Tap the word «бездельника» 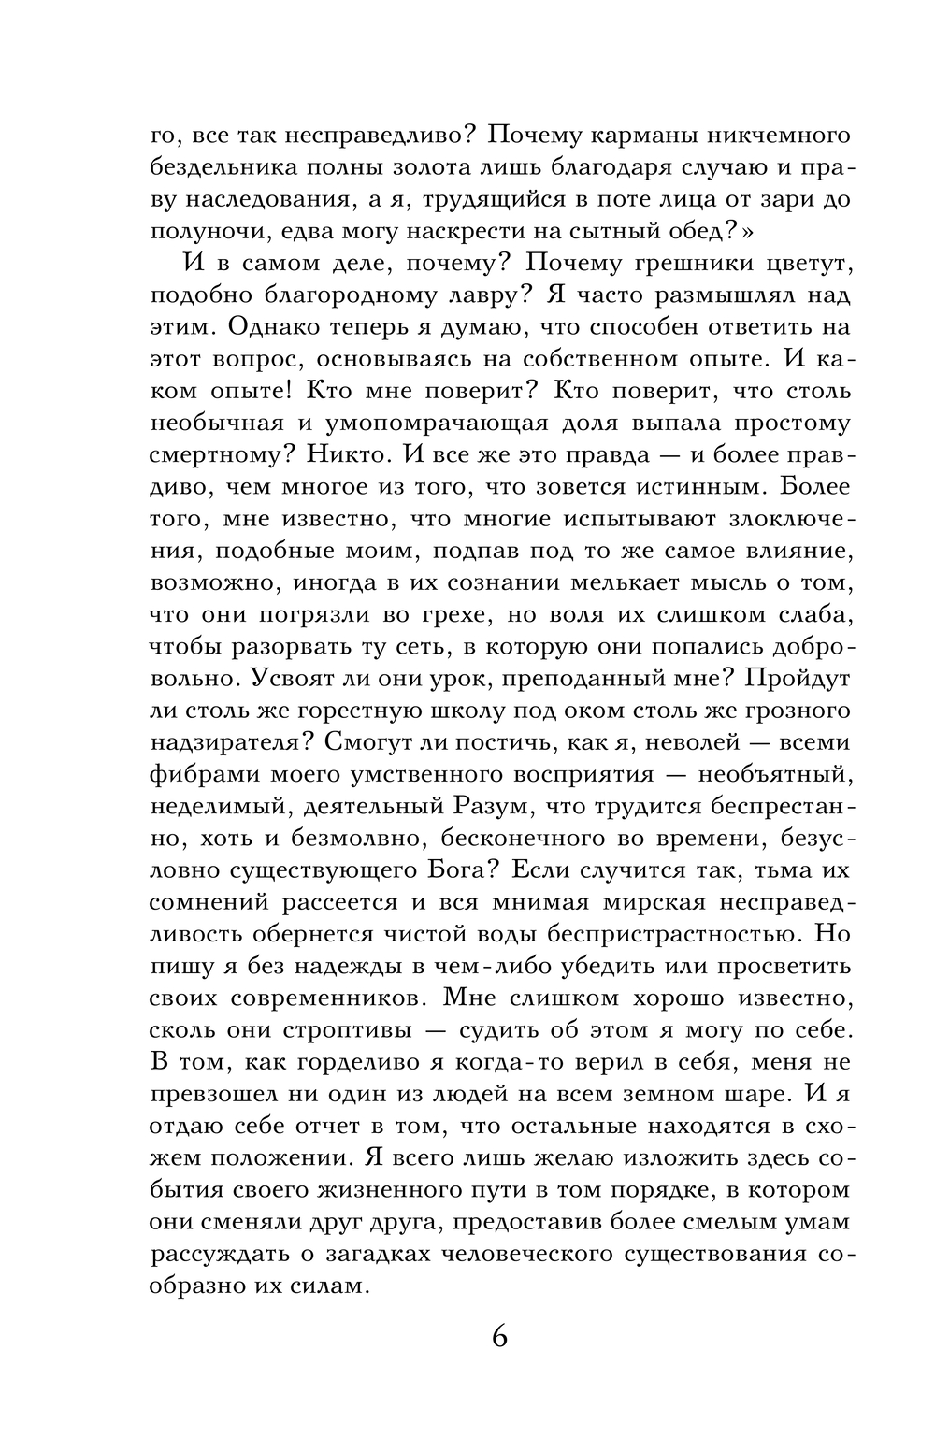pos(221,167)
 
